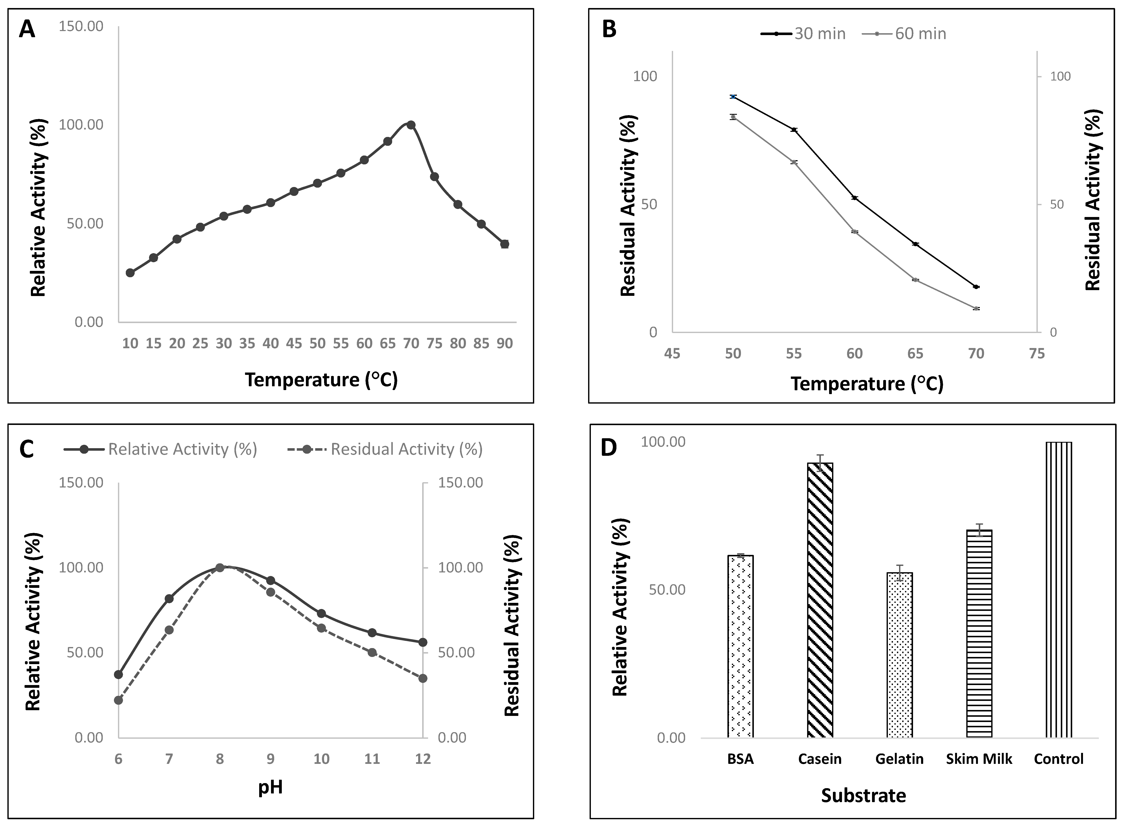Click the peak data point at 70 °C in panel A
(x=411, y=125)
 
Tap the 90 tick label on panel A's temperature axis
(x=505, y=344)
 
